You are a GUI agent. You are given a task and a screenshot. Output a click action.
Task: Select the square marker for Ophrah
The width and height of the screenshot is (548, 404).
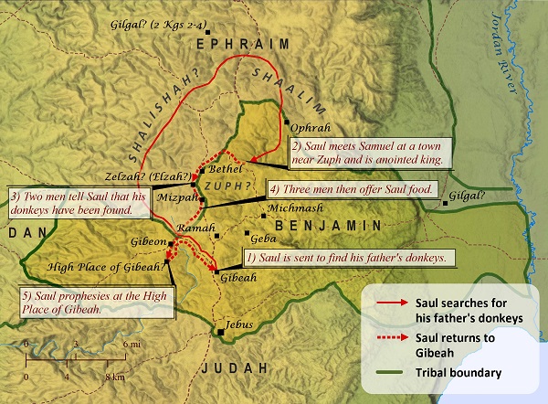tap(287, 121)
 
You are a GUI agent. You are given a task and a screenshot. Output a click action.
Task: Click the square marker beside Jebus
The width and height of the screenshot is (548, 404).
tap(222, 331)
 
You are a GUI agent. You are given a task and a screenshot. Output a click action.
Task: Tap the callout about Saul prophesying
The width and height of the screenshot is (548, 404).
tap(97, 303)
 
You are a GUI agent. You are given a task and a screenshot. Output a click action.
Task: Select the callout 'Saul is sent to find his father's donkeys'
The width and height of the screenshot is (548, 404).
tap(347, 258)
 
